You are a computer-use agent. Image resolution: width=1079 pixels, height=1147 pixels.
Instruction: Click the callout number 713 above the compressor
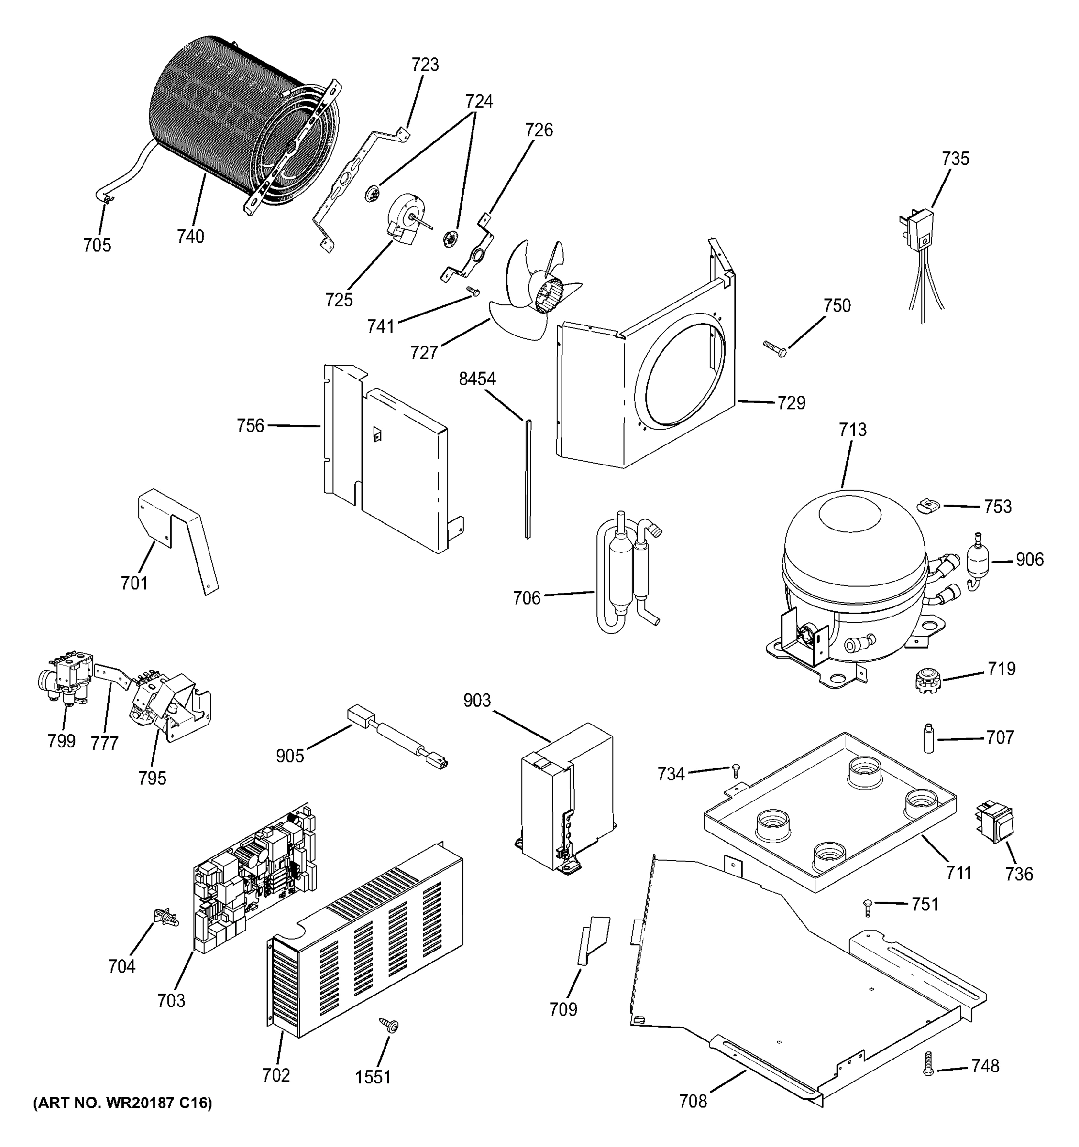coord(853,430)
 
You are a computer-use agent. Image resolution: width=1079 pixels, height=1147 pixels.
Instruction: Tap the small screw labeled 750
coord(773,349)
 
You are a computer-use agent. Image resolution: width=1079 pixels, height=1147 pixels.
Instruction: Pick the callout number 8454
coord(477,379)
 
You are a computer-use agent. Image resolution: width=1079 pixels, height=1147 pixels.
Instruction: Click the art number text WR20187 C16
coord(122,1103)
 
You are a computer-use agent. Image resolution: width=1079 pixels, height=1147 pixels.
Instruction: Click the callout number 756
coord(250,426)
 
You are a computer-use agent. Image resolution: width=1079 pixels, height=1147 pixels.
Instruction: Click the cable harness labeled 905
coord(398,740)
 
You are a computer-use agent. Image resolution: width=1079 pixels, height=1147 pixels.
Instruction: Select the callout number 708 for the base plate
coord(693,1102)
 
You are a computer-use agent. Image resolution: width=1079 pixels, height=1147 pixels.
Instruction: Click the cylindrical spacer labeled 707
coord(929,738)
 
